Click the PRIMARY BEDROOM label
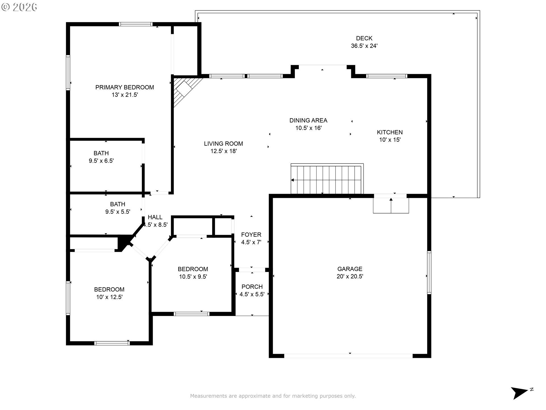point(125,87)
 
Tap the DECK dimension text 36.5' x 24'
point(364,46)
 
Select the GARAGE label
point(350,269)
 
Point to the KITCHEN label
point(390,132)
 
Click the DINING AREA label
point(308,120)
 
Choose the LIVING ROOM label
point(223,144)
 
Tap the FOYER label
point(251,235)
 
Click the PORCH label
point(252,287)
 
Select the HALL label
point(155,217)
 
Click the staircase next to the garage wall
point(327,179)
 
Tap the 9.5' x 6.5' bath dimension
point(101,161)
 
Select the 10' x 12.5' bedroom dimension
point(109,297)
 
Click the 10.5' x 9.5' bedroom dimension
point(193,276)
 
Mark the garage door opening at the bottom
point(348,356)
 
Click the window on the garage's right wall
point(429,272)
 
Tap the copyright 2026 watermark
point(19,7)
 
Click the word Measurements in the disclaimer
point(208,396)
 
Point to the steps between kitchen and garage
point(391,205)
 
